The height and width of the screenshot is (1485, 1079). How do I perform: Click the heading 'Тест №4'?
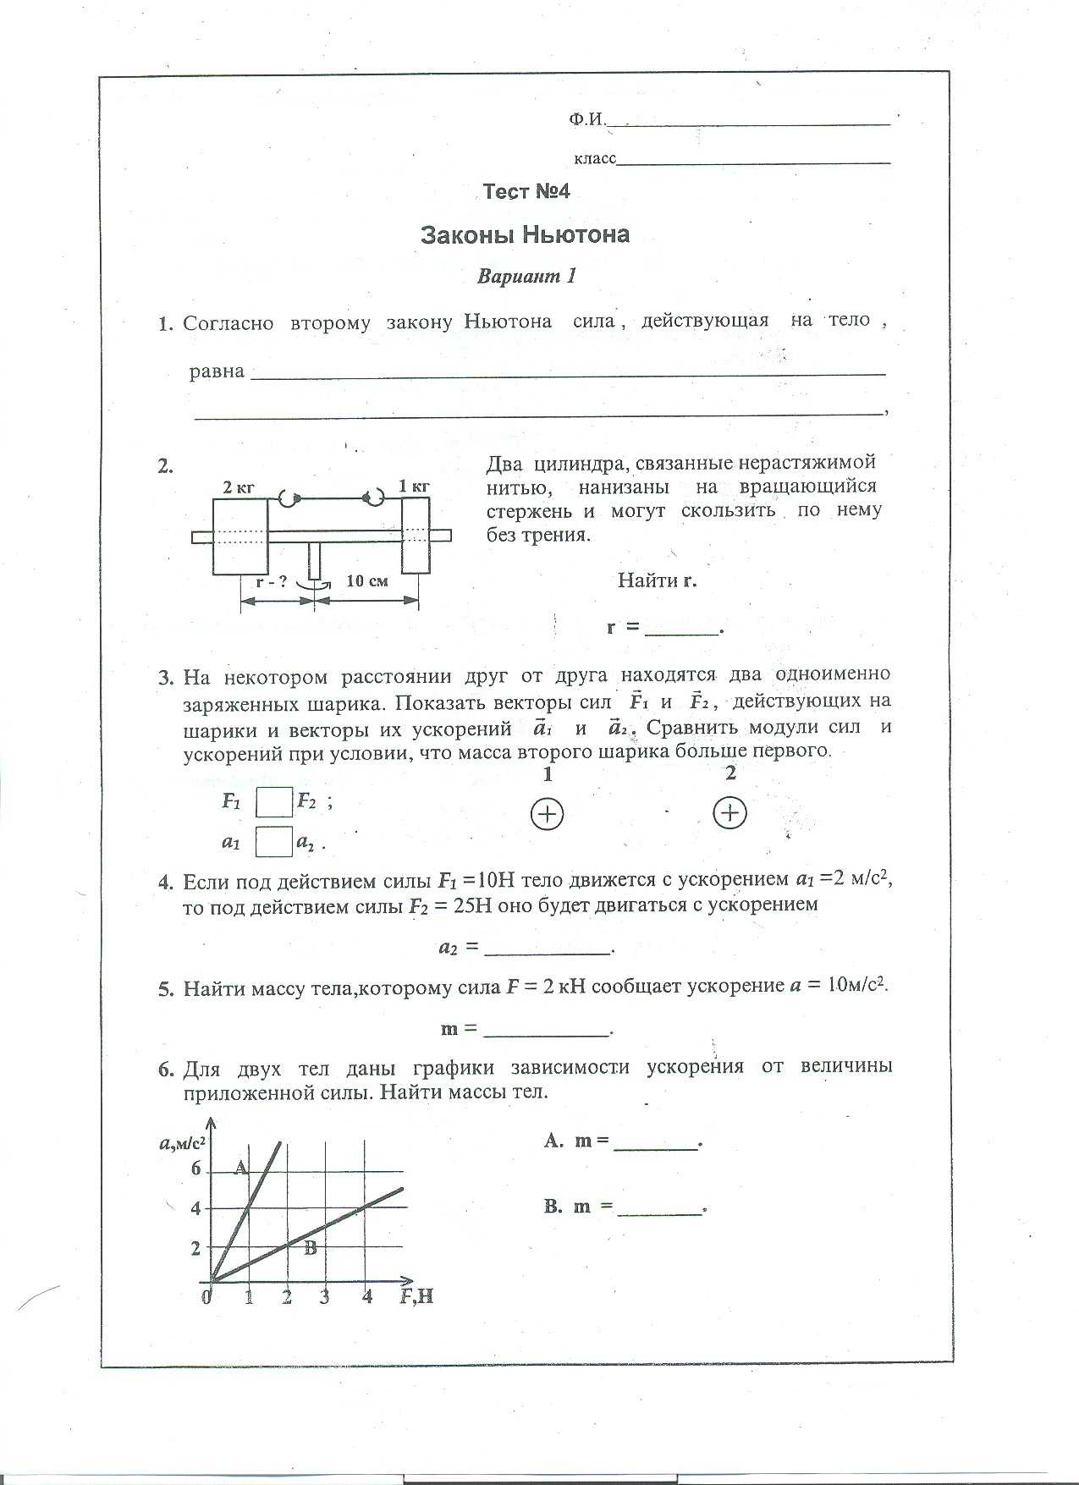click(x=526, y=192)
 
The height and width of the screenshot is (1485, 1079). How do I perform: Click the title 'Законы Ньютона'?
click(x=525, y=234)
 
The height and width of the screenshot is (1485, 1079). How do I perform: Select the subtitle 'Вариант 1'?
click(x=526, y=276)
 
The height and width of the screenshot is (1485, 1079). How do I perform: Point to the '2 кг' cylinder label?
click(x=239, y=487)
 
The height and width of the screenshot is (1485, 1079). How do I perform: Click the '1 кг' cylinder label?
click(x=415, y=486)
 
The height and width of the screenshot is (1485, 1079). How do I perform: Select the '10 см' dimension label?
click(x=366, y=580)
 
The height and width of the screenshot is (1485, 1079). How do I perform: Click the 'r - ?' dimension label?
click(x=272, y=580)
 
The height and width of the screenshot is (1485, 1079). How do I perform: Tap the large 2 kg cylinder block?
click(x=240, y=536)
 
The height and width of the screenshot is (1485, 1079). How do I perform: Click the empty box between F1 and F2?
click(x=274, y=801)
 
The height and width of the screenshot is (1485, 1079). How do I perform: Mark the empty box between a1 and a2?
click(x=274, y=842)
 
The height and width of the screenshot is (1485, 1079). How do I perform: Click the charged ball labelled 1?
click(x=547, y=814)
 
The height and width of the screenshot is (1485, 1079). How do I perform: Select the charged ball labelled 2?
click(x=729, y=813)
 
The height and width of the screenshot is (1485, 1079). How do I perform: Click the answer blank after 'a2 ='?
click(x=547, y=949)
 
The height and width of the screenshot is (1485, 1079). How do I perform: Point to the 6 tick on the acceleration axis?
click(x=196, y=1169)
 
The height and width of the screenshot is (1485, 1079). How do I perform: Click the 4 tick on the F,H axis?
click(x=367, y=1296)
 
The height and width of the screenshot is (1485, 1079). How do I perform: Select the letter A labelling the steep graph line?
click(x=240, y=1169)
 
